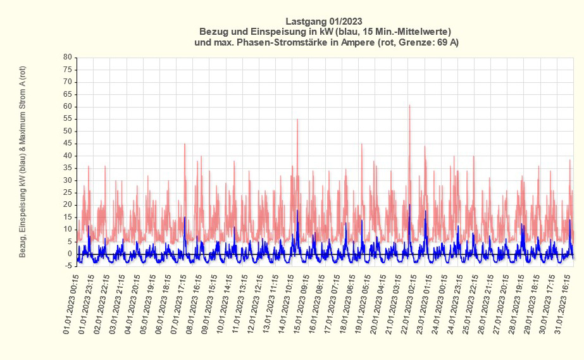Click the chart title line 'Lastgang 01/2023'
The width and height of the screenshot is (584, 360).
[x=324, y=20]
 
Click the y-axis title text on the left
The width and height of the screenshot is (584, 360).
[x=23, y=162]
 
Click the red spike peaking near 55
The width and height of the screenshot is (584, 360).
[x=297, y=120]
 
